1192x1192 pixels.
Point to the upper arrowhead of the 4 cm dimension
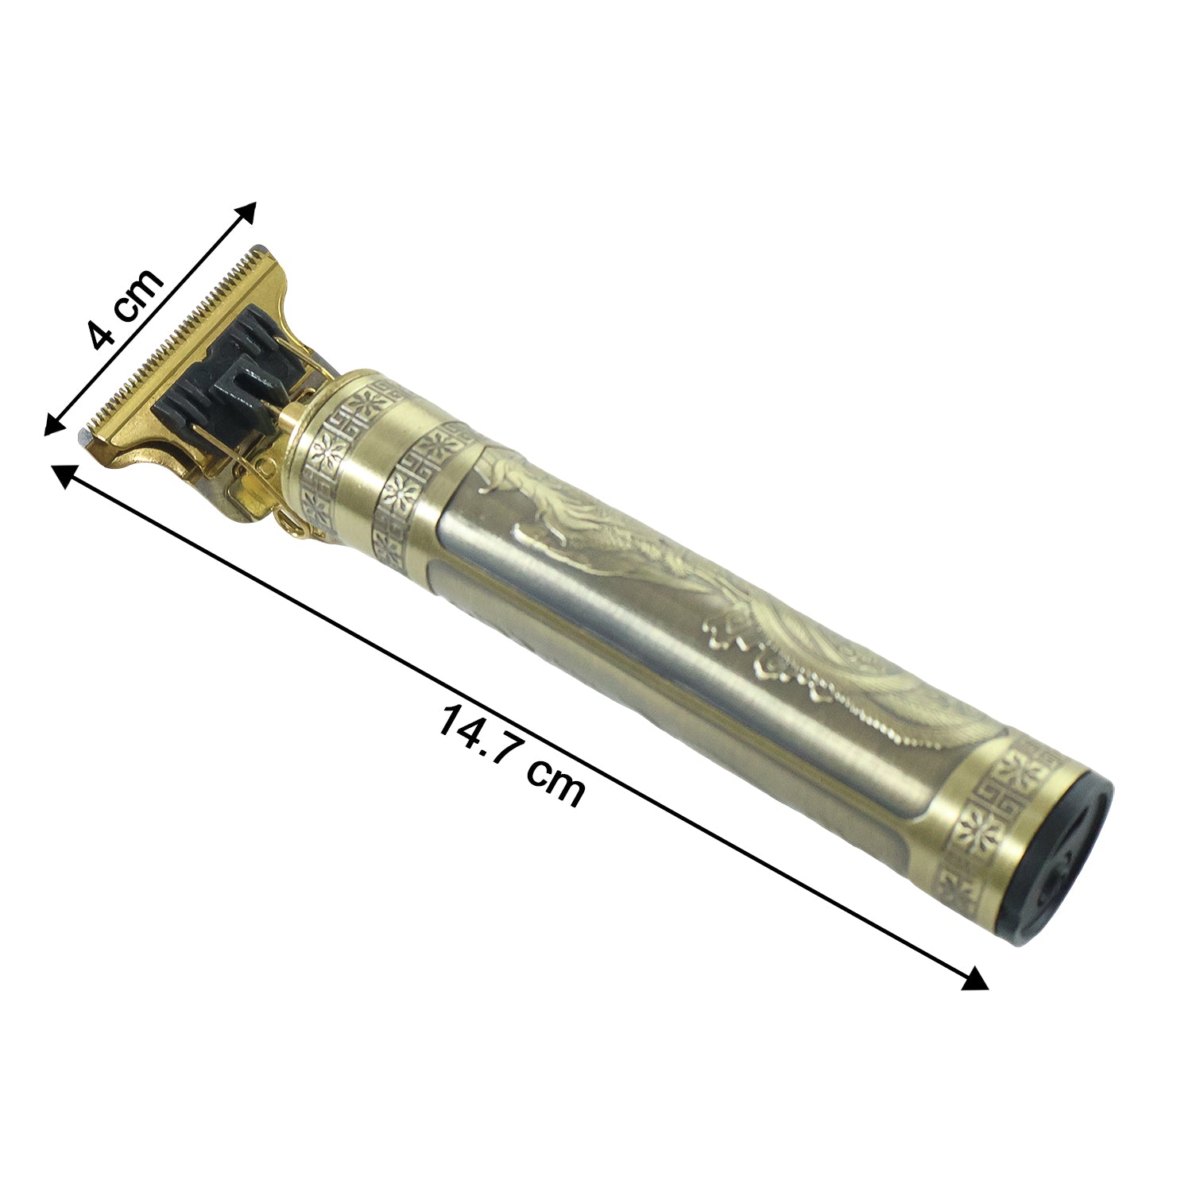(247, 211)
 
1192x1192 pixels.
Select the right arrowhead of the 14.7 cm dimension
(976, 979)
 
